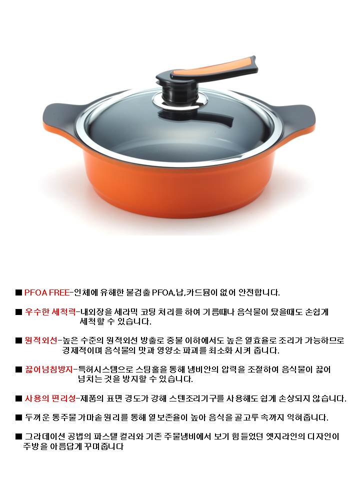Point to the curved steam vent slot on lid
click(x=196, y=116)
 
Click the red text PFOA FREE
click(x=47, y=293)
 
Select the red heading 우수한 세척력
click(x=50, y=312)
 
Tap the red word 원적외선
click(x=41, y=340)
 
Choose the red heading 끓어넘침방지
click(x=49, y=369)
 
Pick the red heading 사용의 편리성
click(x=50, y=398)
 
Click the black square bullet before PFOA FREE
click(x=18, y=293)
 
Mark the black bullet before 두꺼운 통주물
click(x=18, y=417)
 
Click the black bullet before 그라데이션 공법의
click(x=18, y=436)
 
